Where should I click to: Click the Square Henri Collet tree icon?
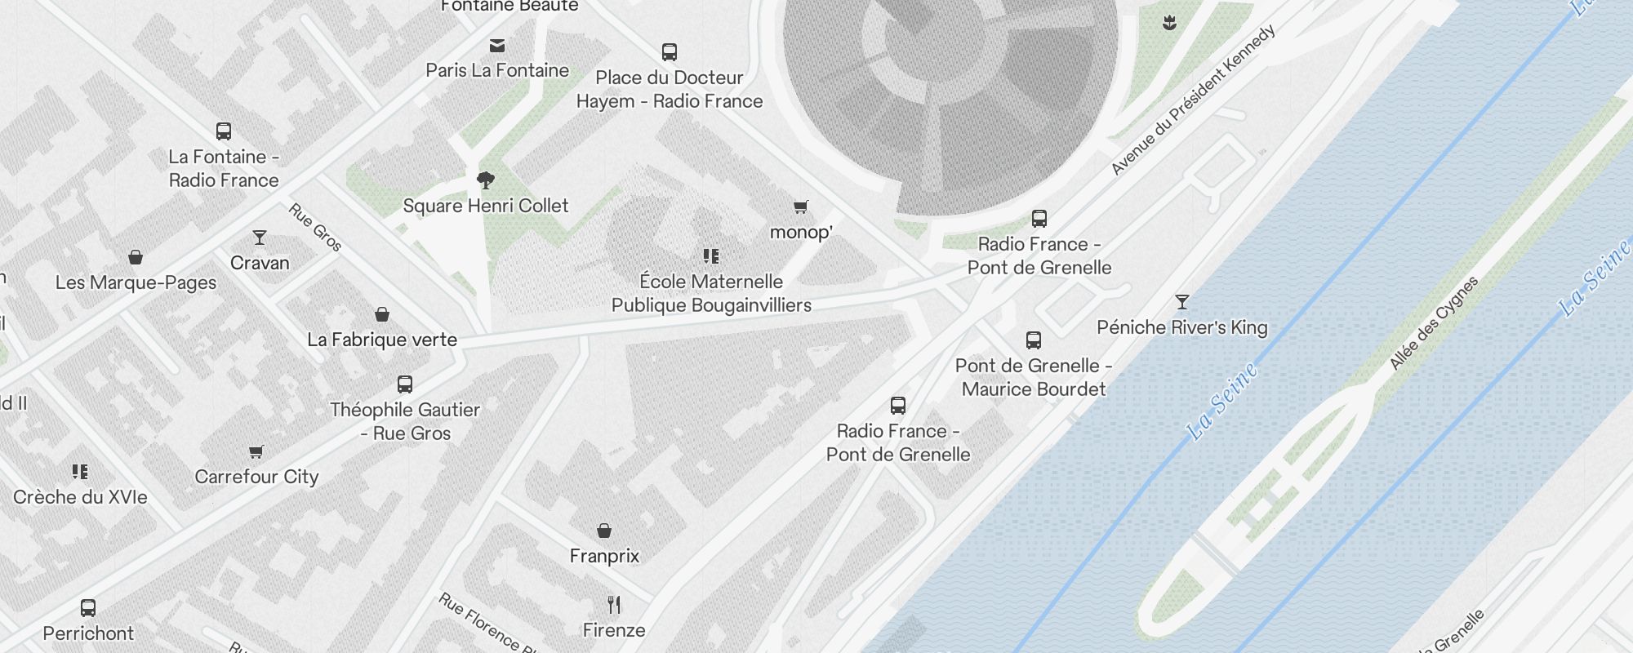pos(486,180)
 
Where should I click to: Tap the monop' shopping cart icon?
pos(801,207)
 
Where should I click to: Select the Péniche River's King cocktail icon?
pos(1181,302)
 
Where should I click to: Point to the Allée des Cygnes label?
pos(1434,323)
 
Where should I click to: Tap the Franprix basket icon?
pos(604,531)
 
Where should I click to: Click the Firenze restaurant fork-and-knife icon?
pos(614,605)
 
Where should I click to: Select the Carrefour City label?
pos(256,477)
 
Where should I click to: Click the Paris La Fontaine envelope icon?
pos(497,46)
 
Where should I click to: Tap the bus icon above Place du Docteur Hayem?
pos(670,52)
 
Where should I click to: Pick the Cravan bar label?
pos(260,263)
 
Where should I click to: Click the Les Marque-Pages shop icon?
pos(136,258)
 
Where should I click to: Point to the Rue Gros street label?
pos(315,227)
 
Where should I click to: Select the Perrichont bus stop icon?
pos(88,608)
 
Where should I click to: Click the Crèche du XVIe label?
pos(80,497)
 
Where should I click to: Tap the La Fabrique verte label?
pos(382,340)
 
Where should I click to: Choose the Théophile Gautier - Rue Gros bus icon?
pos(405,384)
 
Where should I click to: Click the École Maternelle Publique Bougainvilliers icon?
pos(711,256)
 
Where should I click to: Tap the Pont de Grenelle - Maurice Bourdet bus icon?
pos(1034,340)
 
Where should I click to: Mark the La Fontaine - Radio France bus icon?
pos(224,131)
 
